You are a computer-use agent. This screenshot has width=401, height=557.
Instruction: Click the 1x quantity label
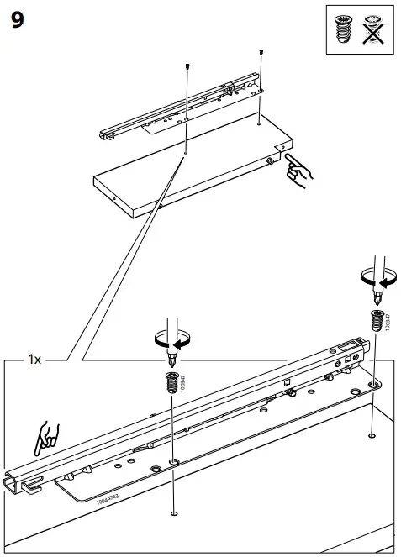(34, 360)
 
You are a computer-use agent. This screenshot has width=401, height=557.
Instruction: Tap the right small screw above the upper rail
(262, 53)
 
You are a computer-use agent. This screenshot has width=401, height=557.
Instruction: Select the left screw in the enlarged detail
(173, 380)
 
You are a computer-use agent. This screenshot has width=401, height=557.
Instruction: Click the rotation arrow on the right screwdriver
(376, 280)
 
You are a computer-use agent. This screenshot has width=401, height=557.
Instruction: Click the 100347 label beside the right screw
(388, 321)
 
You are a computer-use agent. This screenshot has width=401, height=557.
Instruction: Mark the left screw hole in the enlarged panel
(173, 512)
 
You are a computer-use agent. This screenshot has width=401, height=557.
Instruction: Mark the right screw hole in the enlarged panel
(371, 436)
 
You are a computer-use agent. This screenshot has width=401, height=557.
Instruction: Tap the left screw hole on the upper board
(185, 154)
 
